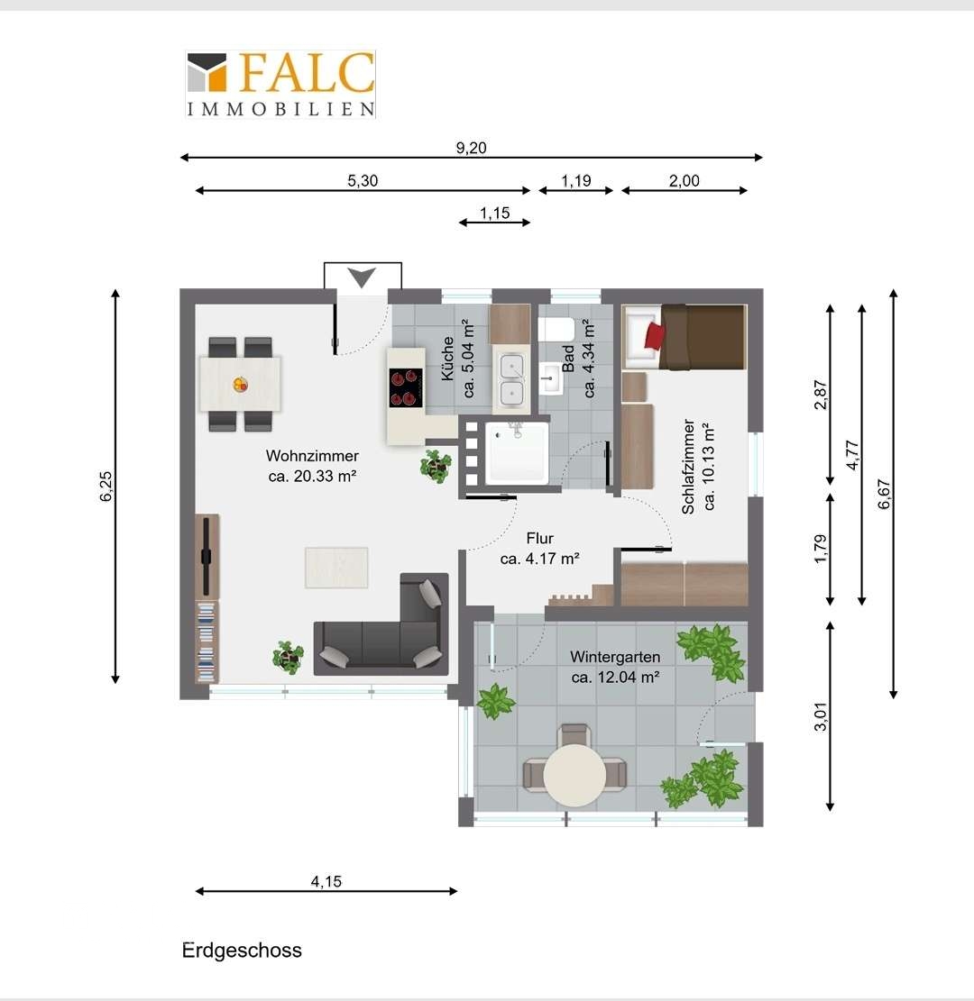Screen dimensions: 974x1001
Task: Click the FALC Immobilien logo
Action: point(280,84)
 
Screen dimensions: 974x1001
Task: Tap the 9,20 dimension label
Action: point(471,148)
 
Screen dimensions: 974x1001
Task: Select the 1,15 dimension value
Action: point(495,214)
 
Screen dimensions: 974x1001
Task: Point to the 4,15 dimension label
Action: point(326,882)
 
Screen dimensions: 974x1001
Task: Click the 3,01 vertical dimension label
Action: point(820,716)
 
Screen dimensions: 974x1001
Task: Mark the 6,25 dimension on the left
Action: point(106,486)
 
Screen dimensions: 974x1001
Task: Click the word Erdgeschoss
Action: point(242,950)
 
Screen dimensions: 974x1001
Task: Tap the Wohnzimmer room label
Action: point(312,456)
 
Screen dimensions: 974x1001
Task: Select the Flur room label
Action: point(539,538)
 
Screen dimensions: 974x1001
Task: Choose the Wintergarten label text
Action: point(615,656)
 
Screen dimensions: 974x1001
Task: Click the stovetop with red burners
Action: point(406,387)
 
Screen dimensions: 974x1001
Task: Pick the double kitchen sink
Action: point(512,380)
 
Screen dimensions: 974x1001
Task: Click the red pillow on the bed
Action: point(655,336)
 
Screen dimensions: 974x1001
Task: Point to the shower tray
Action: point(517,452)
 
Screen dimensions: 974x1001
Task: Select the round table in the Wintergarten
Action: point(575,774)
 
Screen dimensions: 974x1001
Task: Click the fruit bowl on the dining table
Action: point(240,385)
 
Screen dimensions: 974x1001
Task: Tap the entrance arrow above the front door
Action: point(361,278)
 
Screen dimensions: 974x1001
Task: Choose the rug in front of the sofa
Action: point(336,568)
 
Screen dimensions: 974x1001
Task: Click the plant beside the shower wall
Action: point(436,466)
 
